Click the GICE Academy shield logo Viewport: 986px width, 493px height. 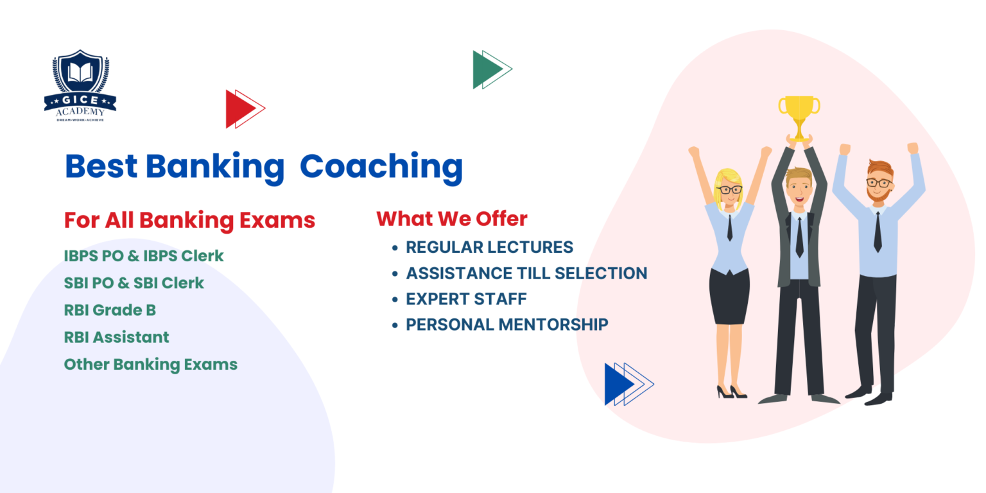pyautogui.click(x=80, y=83)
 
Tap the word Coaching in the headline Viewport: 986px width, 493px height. pyautogui.click(x=381, y=166)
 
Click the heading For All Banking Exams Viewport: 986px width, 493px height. pyautogui.click(x=189, y=220)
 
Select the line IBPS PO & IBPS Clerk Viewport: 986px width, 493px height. pyautogui.click(x=144, y=255)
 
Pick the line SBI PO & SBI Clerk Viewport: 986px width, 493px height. pyautogui.click(x=134, y=282)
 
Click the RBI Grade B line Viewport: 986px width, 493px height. pyautogui.click(x=110, y=310)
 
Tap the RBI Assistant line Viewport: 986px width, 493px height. pyautogui.click(x=116, y=337)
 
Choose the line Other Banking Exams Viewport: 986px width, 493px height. pyautogui.click(x=150, y=364)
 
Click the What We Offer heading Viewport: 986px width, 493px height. pyautogui.click(x=451, y=219)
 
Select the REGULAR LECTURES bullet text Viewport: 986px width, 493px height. pyautogui.click(x=489, y=247)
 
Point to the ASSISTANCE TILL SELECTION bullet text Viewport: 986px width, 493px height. pyautogui.click(x=526, y=273)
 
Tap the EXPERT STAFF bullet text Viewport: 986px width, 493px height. pyautogui.click(x=466, y=299)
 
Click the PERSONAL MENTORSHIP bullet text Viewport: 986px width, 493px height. pyautogui.click(x=506, y=325)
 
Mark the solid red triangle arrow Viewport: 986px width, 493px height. pyautogui.click(x=234, y=109)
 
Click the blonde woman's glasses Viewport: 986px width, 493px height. pyautogui.click(x=730, y=189)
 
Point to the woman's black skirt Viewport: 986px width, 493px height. pyautogui.click(x=729, y=296)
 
